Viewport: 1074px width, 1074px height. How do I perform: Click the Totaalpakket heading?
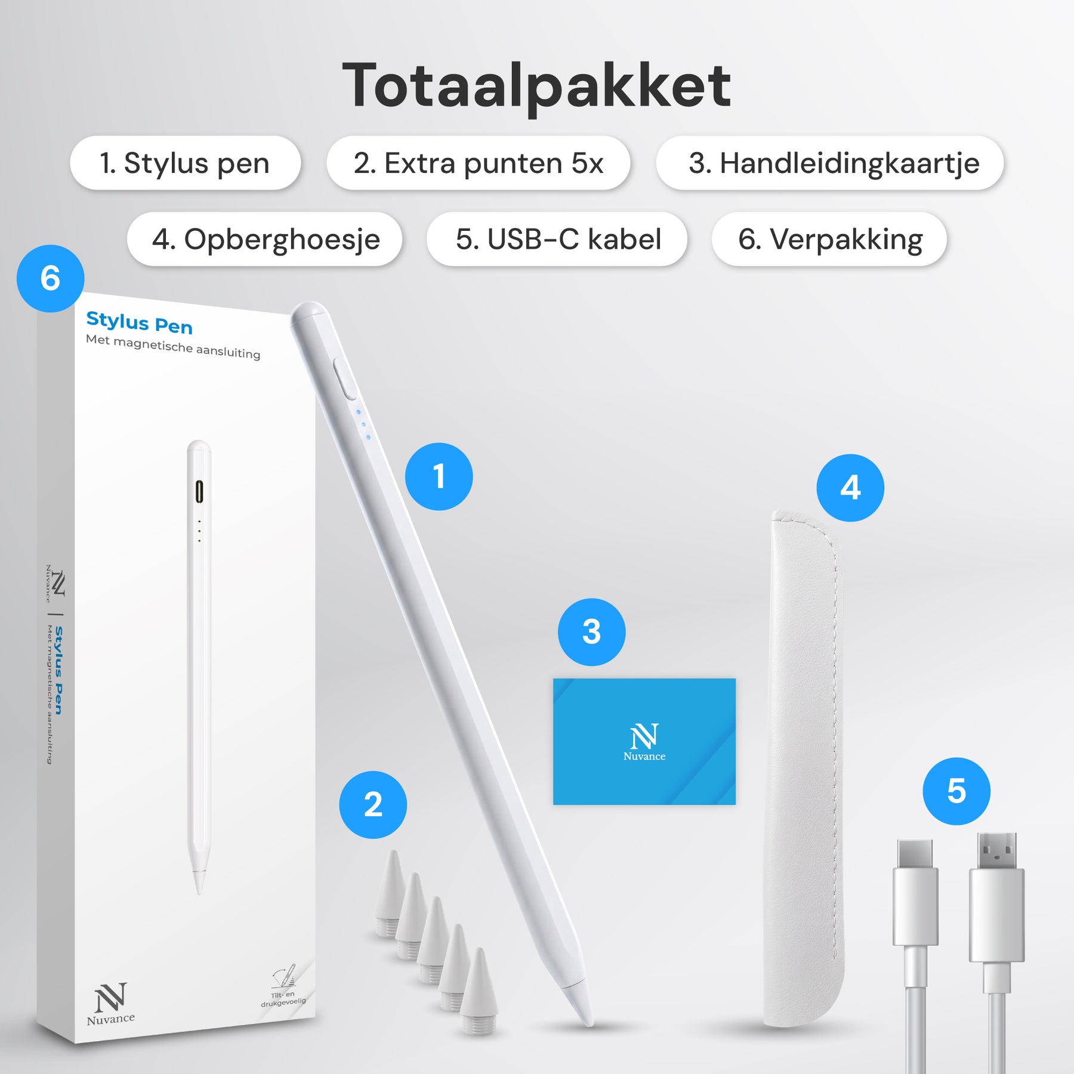coord(536,86)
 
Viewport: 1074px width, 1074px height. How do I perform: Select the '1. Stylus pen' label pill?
coord(186,163)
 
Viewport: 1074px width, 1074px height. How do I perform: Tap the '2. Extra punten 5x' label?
coord(479,163)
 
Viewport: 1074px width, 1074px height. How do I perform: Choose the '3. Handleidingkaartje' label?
coord(830,163)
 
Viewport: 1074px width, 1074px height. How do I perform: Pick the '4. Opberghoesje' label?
coord(265,239)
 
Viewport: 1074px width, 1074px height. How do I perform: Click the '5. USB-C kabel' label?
coord(557,239)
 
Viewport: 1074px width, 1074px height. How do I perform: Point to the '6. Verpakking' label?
coord(829,239)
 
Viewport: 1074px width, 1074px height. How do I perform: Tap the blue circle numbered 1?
coord(439,477)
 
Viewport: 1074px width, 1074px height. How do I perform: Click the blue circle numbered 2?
coord(373,805)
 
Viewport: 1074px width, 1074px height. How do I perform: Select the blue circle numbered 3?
coord(591,632)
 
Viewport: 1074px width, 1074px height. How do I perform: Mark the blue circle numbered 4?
coord(850,488)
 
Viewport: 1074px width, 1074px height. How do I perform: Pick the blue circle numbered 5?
coord(956,791)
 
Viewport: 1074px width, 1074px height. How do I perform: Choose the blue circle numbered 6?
coord(51,279)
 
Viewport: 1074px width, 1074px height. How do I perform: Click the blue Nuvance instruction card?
coord(644,742)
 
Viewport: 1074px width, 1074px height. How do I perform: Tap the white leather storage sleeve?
coord(805,770)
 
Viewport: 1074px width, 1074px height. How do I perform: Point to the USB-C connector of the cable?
coord(915,892)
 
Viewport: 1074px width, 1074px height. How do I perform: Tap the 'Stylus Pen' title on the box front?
coord(140,323)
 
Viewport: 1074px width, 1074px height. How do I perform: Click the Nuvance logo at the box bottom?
coord(111,1004)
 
